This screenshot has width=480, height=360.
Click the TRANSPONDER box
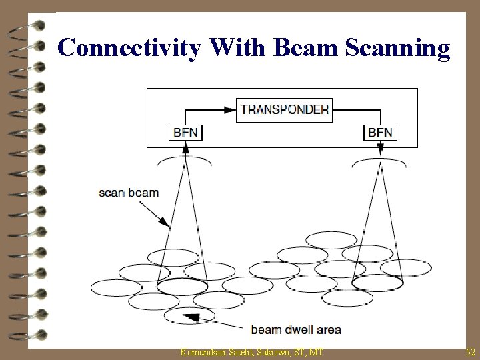[284, 110]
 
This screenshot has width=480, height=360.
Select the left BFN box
[185, 132]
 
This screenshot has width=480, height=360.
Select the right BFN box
[380, 132]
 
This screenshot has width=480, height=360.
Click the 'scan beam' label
[129, 193]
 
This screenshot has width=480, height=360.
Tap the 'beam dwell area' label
[295, 329]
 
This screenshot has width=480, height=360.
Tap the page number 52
[469, 351]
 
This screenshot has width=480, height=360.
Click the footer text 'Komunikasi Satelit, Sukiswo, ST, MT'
[251, 351]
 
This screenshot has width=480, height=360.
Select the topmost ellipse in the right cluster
[331, 240]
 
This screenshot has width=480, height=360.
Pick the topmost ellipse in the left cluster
[173, 257]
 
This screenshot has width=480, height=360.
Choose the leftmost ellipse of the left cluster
[115, 287]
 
